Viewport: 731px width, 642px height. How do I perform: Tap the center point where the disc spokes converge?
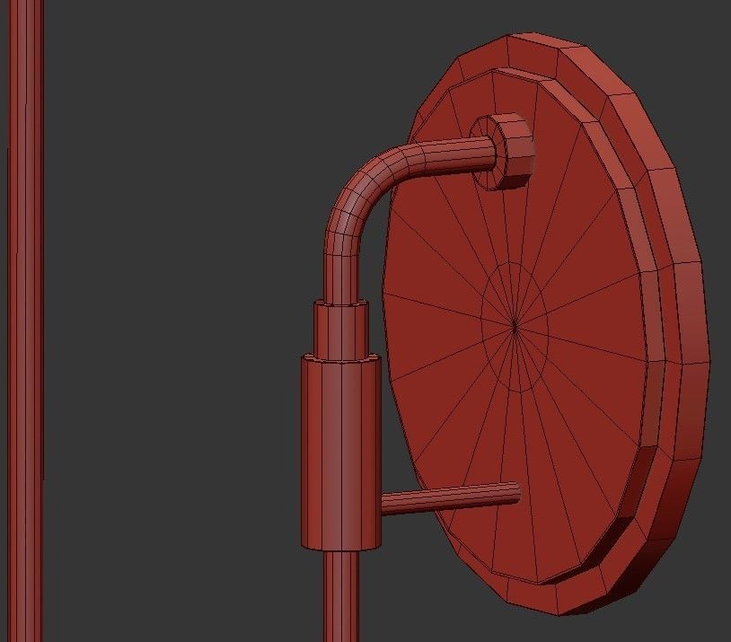click(515, 327)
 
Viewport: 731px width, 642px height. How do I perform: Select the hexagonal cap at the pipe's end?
click(507, 150)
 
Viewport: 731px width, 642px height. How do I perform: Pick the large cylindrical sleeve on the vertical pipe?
click(341, 453)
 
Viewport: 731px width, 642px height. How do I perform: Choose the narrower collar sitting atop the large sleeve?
click(340, 330)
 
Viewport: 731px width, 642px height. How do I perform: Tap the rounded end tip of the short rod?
click(515, 491)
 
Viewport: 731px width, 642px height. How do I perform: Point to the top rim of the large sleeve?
click(341, 358)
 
